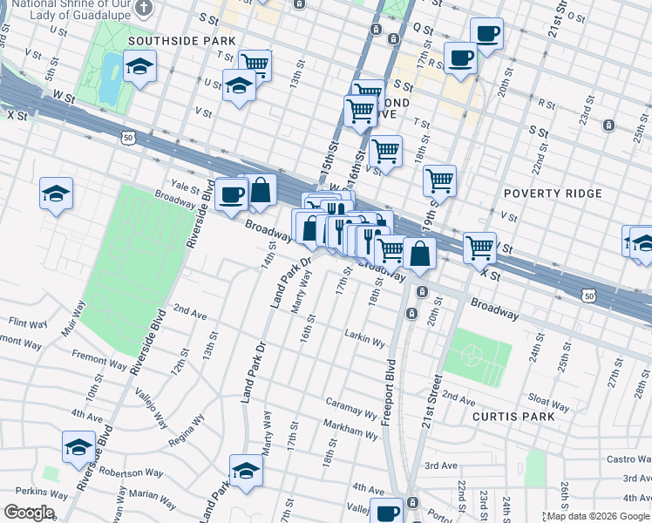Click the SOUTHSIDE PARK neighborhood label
pyautogui.click(x=181, y=41)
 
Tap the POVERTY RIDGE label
pyautogui.click(x=552, y=194)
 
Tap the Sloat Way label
pyautogui.click(x=549, y=402)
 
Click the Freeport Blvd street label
pyautogui.click(x=390, y=392)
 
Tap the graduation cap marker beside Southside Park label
pyautogui.click(x=139, y=65)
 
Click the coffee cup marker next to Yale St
pyautogui.click(x=231, y=194)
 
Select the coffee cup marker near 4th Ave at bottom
pyautogui.click(x=386, y=512)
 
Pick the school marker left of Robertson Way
pyautogui.click(x=78, y=446)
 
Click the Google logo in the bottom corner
pyautogui.click(x=28, y=513)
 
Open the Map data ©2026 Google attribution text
pyautogui.click(x=598, y=516)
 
